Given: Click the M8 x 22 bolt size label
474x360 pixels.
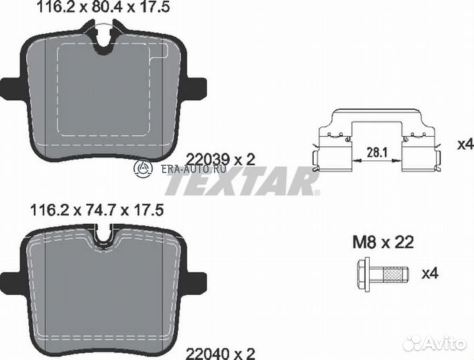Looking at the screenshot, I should tap(383, 243).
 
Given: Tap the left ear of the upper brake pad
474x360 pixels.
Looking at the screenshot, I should tap(10, 87).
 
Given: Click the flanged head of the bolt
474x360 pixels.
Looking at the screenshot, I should tap(363, 273).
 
